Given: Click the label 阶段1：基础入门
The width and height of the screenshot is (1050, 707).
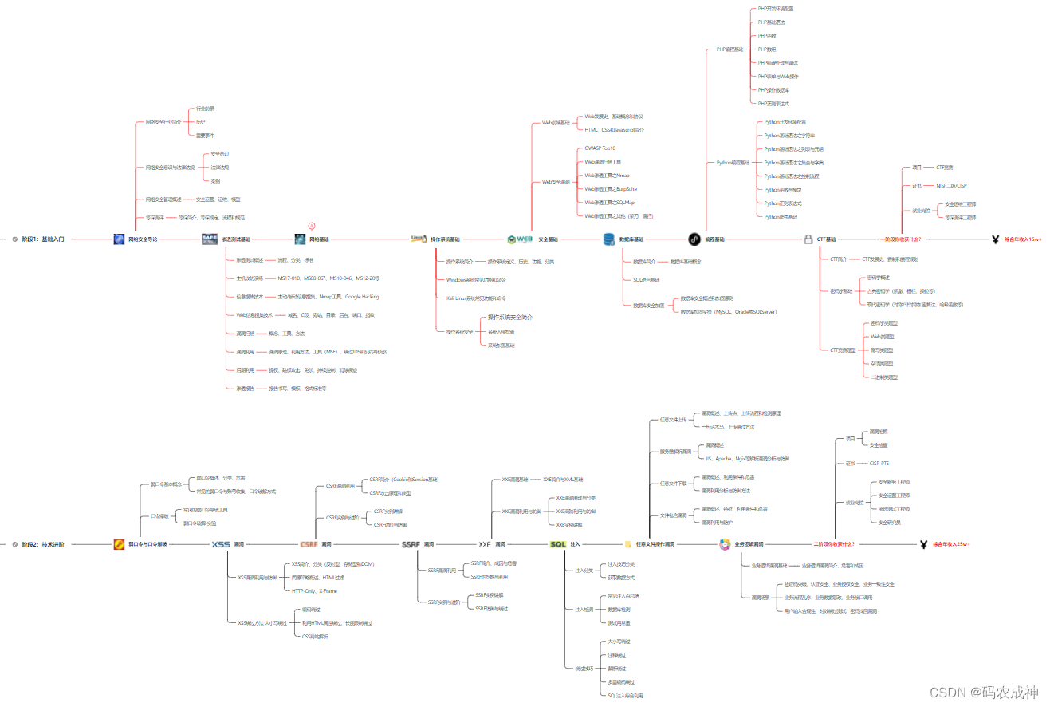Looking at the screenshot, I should [x=43, y=239].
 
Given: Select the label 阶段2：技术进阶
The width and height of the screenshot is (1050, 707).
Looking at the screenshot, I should [x=43, y=544].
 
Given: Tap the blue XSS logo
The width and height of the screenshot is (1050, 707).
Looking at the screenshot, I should [x=221, y=544].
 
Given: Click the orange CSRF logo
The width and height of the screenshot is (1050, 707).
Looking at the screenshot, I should [x=309, y=544].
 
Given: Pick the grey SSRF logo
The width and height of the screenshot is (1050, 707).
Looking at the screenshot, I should [x=411, y=544].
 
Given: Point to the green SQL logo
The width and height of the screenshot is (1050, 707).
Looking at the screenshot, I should [x=558, y=544].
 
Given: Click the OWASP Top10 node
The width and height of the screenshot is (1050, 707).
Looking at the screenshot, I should [x=600, y=148].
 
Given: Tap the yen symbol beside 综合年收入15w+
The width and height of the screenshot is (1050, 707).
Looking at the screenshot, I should [x=995, y=239].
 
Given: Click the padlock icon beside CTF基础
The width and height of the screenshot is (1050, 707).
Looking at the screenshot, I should [x=808, y=239].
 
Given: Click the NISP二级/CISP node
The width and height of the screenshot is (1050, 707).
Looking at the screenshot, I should [x=951, y=185].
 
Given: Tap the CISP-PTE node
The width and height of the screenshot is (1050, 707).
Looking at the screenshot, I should [x=881, y=463].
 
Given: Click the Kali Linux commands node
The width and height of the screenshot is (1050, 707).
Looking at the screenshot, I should [x=476, y=298].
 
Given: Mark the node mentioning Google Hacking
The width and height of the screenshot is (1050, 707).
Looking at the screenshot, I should [x=317, y=297].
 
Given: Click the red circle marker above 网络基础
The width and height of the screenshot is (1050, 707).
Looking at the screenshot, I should [x=312, y=226].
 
